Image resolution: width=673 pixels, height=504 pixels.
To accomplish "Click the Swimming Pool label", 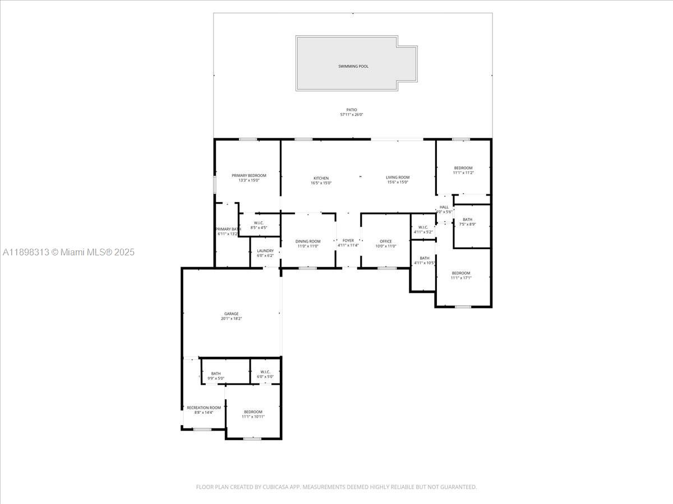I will tap(353, 66).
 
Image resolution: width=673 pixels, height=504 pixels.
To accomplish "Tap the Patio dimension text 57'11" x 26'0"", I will tap(352, 115).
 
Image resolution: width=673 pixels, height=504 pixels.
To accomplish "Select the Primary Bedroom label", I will tap(249, 175).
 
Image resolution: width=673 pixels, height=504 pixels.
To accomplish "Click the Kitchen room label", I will tap(321, 178).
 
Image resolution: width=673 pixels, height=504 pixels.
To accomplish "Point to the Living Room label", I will tap(398, 178).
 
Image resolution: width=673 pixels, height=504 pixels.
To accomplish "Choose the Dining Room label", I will tap(308, 241).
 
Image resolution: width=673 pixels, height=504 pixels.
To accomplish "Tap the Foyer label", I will tap(348, 240).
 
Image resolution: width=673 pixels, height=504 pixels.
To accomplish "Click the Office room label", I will tap(386, 241).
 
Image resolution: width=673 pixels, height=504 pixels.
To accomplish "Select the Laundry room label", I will tap(265, 250).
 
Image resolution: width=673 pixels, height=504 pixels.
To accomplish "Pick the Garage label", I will tap(231, 314).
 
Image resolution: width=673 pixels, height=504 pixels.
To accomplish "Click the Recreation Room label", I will tap(204, 408).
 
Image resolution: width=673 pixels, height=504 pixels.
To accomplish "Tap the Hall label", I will tap(444, 207).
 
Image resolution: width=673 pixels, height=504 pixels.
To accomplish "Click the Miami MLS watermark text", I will tap(68, 253).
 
